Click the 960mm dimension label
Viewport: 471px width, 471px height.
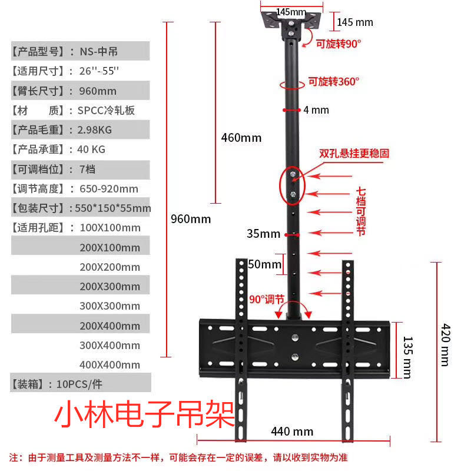pyautogui.click(x=190, y=219)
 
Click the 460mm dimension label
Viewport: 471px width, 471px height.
pyautogui.click(x=241, y=138)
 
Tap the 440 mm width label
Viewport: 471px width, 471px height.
pyautogui.click(x=292, y=432)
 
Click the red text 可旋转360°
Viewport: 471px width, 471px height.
pyautogui.click(x=333, y=82)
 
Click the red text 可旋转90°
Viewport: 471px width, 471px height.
pyautogui.click(x=338, y=44)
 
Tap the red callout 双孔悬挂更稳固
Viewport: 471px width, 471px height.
pyautogui.click(x=354, y=153)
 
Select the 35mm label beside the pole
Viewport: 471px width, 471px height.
pyautogui.click(x=263, y=234)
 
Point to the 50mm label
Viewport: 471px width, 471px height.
pyautogui.click(x=265, y=264)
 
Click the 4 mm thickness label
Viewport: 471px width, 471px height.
pyautogui.click(x=316, y=110)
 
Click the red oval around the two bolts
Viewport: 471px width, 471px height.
pyautogui.click(x=293, y=184)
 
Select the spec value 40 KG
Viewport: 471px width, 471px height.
pyautogui.click(x=92, y=150)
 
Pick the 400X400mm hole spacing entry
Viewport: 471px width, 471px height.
pyautogui.click(x=110, y=365)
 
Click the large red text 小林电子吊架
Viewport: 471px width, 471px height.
pyautogui.click(x=144, y=417)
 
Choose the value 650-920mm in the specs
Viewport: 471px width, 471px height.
pyautogui.click(x=109, y=188)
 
